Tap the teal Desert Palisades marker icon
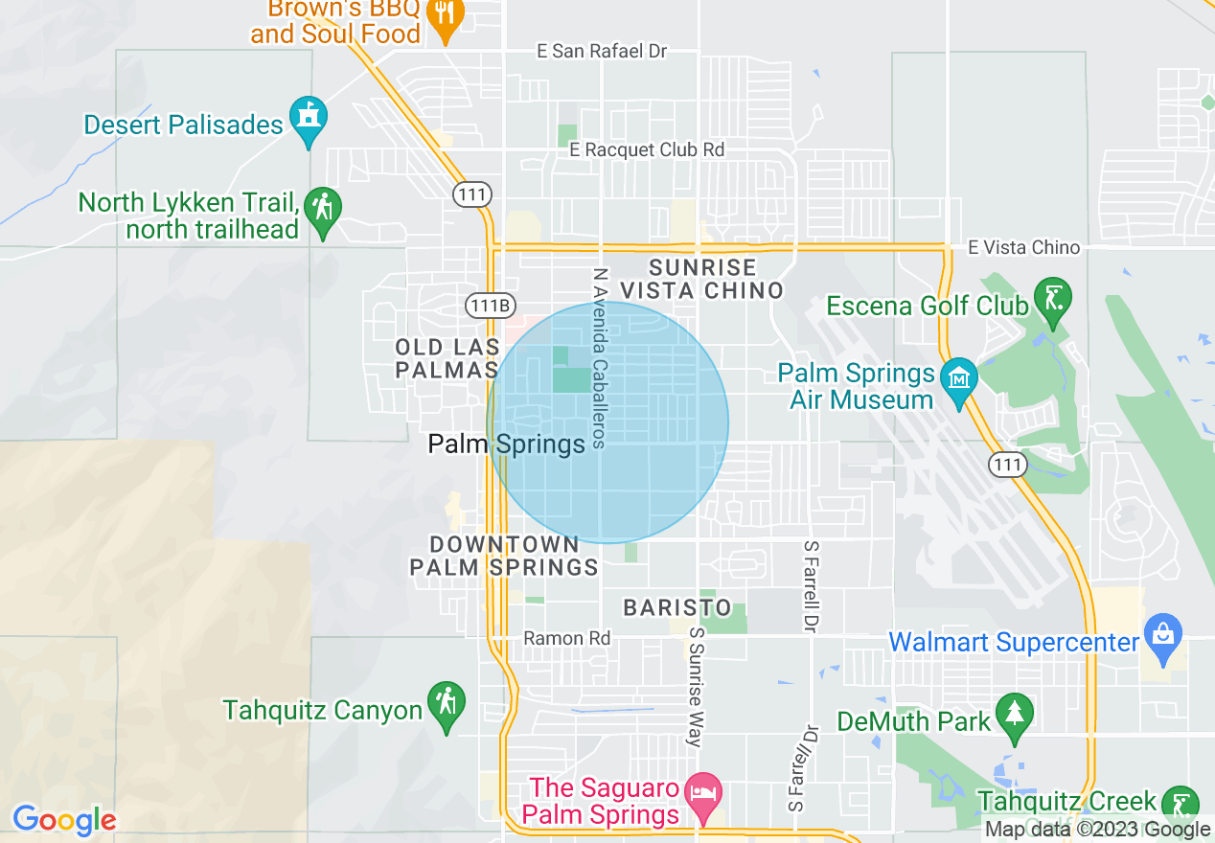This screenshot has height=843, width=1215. (308, 119)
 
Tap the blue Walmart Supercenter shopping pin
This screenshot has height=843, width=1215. (1163, 638)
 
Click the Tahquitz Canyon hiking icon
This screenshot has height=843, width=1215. (446, 704)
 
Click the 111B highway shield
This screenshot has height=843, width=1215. (489, 306)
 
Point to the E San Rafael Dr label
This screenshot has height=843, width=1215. (602, 52)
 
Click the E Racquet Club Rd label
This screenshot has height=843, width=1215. (646, 149)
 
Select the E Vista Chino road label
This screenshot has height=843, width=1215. (1023, 247)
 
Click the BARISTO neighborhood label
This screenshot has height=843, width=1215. (677, 607)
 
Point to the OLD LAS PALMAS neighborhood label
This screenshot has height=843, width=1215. (447, 357)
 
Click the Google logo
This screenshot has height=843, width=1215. (64, 820)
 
